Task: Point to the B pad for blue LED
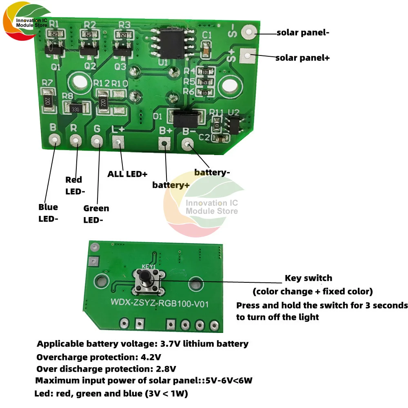pyautogui.click(x=54, y=140)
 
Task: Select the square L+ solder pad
pyautogui.click(x=118, y=142)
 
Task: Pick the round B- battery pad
pyautogui.click(x=188, y=144)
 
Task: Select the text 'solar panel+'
pyautogui.click(x=302, y=58)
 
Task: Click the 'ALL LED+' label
pyautogui.click(x=127, y=174)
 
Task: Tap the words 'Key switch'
pyautogui.click(x=308, y=278)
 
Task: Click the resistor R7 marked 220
pyautogui.click(x=48, y=97)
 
